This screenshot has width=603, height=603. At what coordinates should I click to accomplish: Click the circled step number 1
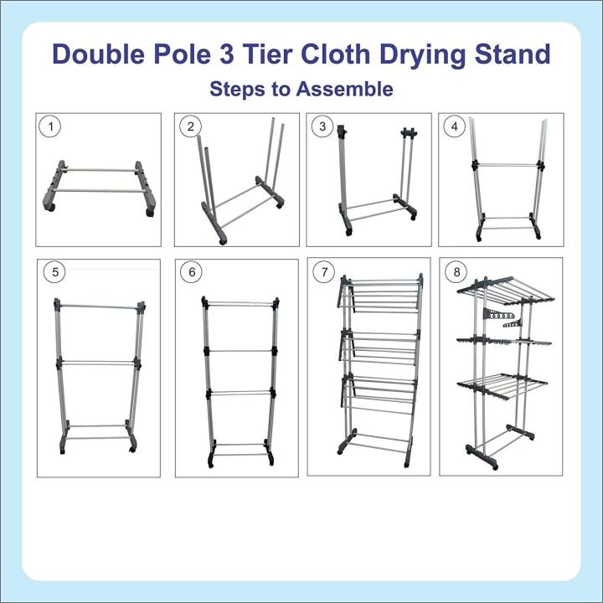point(53,127)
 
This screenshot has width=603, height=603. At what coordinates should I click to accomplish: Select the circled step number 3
point(322,127)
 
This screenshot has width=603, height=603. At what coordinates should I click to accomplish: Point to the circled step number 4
point(455,127)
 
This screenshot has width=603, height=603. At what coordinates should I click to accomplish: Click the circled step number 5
point(53,272)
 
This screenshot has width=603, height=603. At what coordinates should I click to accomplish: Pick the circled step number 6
point(191,272)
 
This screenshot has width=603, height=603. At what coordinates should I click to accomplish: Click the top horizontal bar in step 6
point(240,302)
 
